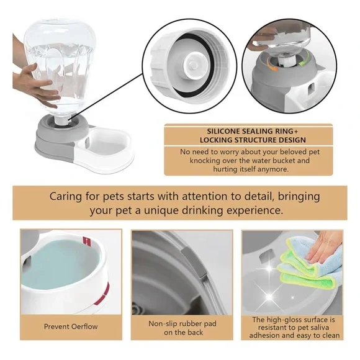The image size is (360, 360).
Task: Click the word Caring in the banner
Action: tap(69, 197)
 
